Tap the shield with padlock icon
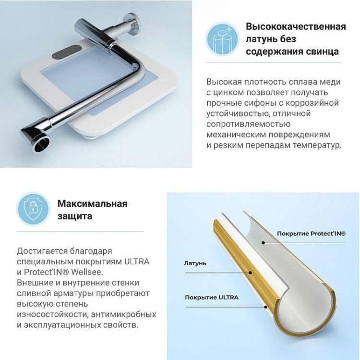33,209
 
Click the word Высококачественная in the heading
296,26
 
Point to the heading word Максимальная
92,203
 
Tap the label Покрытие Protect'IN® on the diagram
311,233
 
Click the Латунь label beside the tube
195,263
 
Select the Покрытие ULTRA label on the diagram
212,297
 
